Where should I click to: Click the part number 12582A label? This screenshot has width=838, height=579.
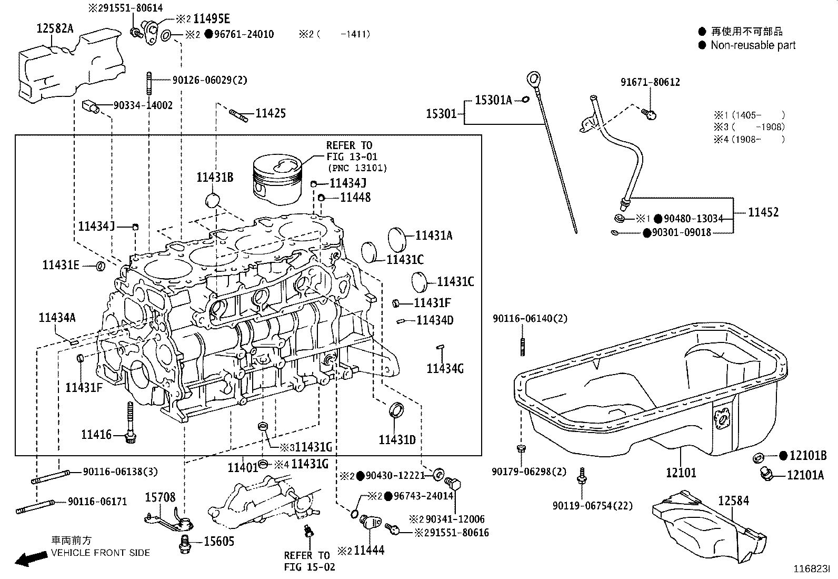[x=55, y=28]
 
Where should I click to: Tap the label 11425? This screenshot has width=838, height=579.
[x=271, y=113]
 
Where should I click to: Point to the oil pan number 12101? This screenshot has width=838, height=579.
[x=681, y=473]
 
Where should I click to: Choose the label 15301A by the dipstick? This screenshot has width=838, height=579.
[x=493, y=100]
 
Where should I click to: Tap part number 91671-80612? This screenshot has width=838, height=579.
[x=650, y=82]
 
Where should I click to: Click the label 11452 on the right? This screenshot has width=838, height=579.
[x=763, y=212]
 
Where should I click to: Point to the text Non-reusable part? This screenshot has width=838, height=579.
[x=753, y=45]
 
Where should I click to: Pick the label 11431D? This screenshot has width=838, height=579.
[x=397, y=439]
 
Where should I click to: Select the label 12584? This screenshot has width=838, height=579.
[x=733, y=501]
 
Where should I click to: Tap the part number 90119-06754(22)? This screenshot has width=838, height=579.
[x=592, y=506]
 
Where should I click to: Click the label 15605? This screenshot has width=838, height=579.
[x=218, y=542]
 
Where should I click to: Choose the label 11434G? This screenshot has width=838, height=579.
[x=445, y=369]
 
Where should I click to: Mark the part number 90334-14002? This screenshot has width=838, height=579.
[x=143, y=105]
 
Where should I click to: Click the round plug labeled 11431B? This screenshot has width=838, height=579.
[x=213, y=201]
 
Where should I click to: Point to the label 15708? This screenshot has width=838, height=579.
[x=160, y=497]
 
